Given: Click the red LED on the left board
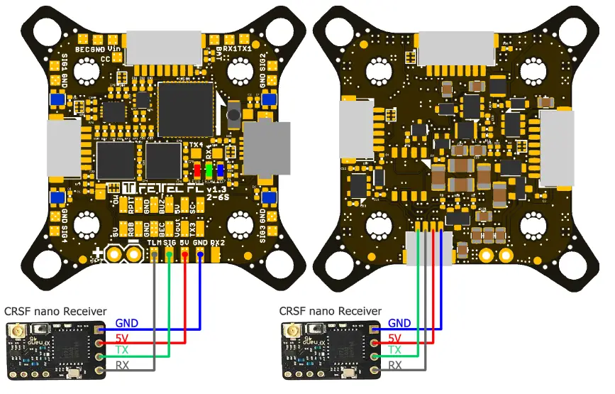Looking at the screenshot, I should [198, 171].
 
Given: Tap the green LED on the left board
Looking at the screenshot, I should [209, 171].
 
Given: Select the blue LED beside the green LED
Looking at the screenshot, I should [221, 171].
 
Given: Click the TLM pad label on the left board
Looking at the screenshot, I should [154, 243].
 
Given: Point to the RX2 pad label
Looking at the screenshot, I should [217, 243].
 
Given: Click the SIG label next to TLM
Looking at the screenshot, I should [170, 243].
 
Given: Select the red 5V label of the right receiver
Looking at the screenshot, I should [395, 337].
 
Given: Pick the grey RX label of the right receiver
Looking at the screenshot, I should [395, 366].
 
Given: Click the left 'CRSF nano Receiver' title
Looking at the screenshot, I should [55, 311].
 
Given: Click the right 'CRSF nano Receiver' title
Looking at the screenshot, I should [331, 311].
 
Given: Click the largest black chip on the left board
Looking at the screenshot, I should [186, 106].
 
